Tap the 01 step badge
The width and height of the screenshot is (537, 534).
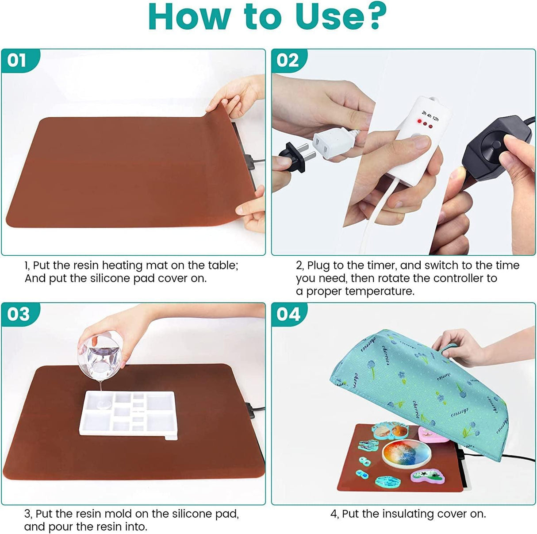17,60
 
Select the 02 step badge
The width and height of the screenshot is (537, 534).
288,60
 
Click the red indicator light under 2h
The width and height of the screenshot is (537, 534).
418,122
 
